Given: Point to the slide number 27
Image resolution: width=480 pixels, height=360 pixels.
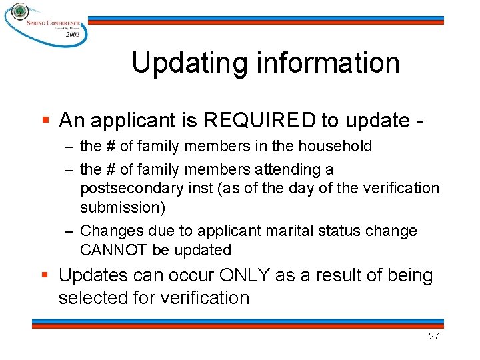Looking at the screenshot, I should pyautogui.click(x=433, y=336).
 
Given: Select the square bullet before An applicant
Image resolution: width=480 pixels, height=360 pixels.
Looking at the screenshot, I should pyautogui.click(x=45, y=121).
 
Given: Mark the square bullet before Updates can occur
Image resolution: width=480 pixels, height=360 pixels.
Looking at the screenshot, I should pyautogui.click(x=45, y=275).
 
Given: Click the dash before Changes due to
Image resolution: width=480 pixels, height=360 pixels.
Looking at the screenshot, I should pyautogui.click(x=69, y=231).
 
